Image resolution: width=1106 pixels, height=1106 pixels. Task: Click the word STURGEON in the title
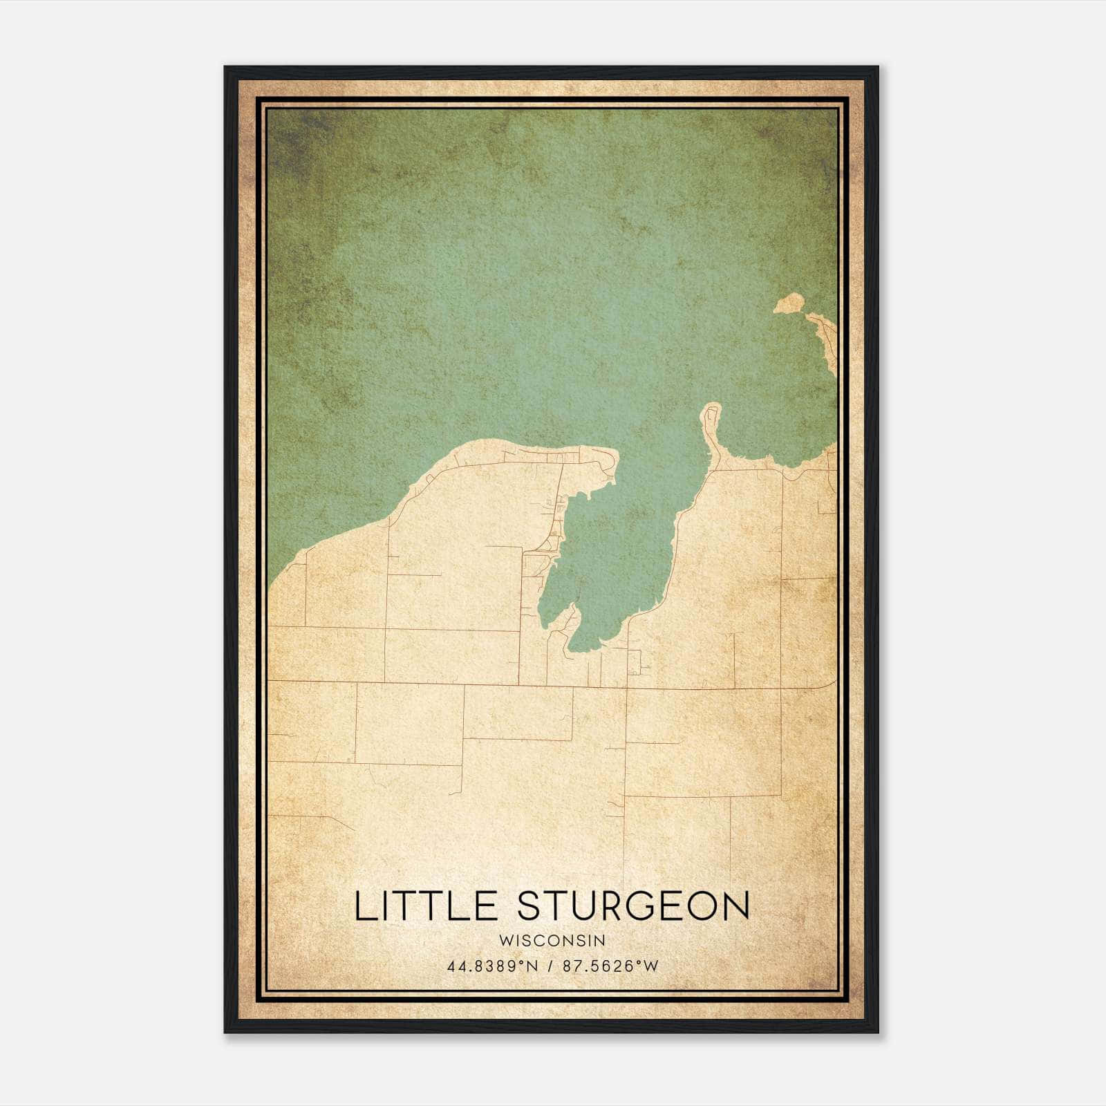(633, 906)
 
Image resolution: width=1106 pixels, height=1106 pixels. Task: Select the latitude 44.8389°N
(492, 966)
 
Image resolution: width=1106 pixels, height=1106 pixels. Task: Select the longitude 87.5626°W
(610, 966)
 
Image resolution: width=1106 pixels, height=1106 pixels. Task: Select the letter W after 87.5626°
(650, 966)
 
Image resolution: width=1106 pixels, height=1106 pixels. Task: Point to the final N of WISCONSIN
(601, 940)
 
